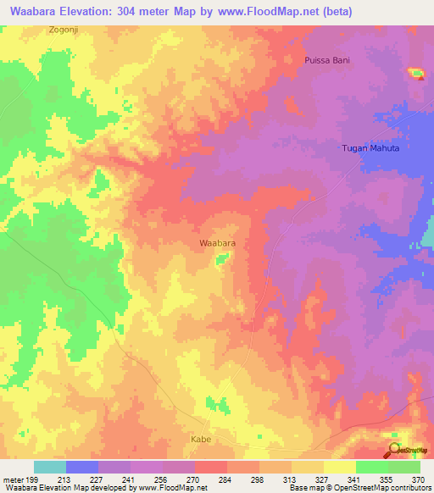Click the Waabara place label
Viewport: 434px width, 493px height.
(217, 243)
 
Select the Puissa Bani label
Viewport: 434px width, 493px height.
(327, 60)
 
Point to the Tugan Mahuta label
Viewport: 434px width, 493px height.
(370, 147)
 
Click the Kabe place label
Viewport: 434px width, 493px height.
(200, 440)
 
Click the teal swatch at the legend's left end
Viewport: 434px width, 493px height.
(50, 467)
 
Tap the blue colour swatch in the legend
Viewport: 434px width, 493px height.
(82, 467)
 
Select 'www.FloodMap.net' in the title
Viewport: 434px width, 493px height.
(268, 11)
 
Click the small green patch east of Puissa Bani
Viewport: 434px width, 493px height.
(417, 74)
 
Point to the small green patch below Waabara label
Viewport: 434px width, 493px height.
(221, 258)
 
